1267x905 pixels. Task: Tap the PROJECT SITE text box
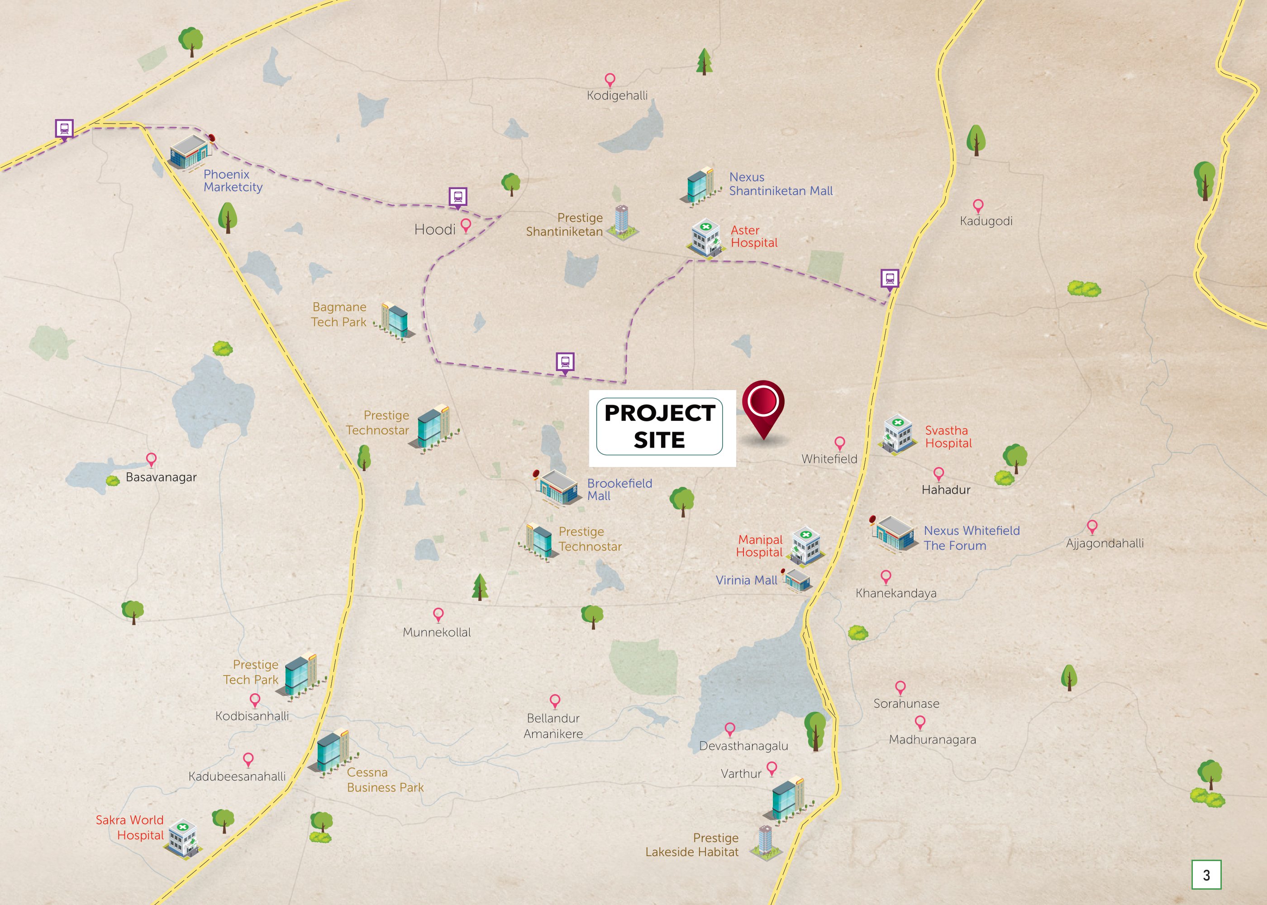pos(660,427)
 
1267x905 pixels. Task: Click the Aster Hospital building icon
pos(705,238)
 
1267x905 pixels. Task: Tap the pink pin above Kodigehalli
pos(610,80)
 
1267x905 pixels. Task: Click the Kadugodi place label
pos(986,221)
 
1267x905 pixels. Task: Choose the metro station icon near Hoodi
pos(458,197)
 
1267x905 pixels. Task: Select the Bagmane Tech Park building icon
pos(396,320)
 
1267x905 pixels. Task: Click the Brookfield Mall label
pos(619,489)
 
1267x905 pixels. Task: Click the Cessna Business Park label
pos(385,780)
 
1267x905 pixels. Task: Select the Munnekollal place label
pos(437,633)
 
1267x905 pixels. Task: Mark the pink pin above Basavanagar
pos(151,459)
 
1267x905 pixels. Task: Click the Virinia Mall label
pos(746,581)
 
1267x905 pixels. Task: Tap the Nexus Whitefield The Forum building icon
pos(894,534)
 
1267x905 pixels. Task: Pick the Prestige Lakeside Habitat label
pos(692,845)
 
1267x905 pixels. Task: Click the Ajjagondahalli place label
pos(1104,543)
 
